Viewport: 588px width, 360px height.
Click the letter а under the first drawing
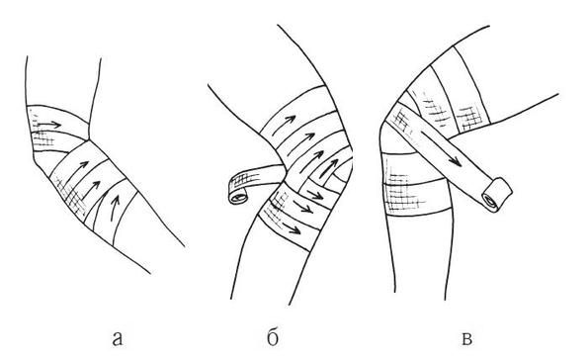tap(118, 338)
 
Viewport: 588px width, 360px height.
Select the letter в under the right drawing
tap(466, 338)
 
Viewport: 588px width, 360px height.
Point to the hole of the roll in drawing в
tap(489, 201)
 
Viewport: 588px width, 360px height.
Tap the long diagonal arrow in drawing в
tap(440, 148)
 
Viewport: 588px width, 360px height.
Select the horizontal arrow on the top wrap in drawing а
tap(49, 125)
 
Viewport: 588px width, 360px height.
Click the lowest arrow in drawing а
tap(115, 208)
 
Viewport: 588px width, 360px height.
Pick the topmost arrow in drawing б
tap(284, 125)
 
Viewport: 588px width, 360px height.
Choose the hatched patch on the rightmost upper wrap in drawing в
tap(469, 118)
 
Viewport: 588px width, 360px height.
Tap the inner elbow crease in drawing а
tap(89, 138)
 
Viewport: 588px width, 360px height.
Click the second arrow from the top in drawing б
tap(301, 141)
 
